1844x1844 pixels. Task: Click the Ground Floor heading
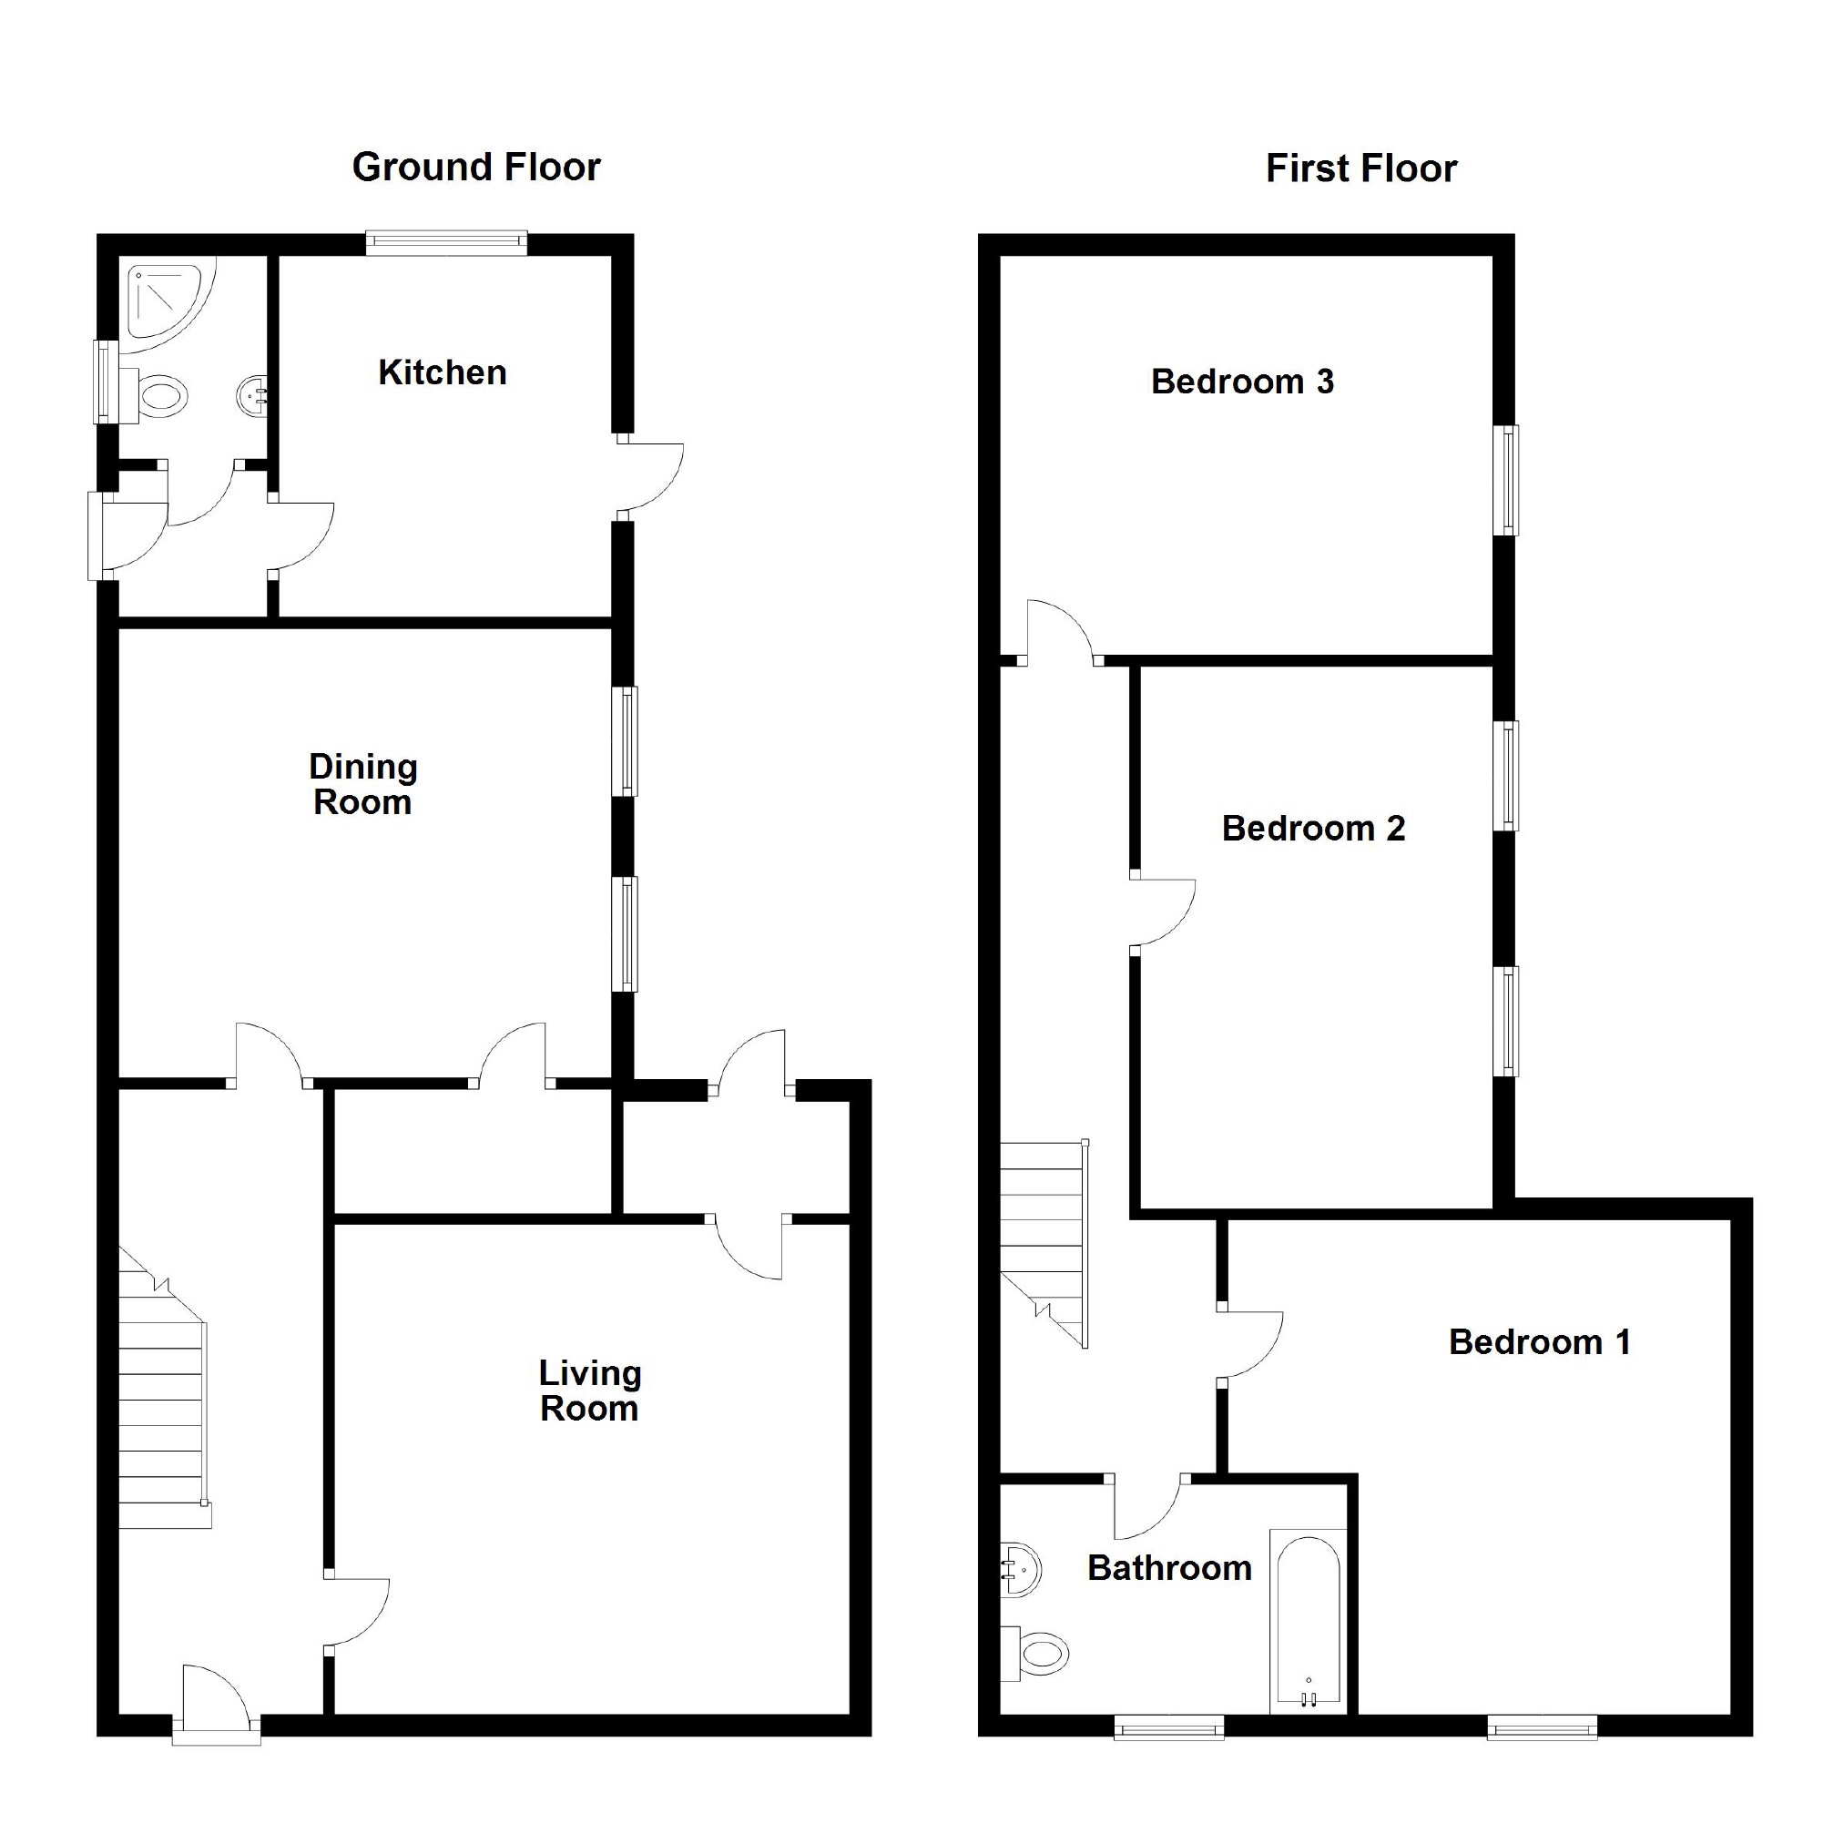[x=476, y=167]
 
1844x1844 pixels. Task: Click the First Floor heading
[x=1361, y=169]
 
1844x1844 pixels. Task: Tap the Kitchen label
[x=442, y=372]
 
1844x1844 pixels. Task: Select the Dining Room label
[x=362, y=785]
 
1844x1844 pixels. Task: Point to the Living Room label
[x=590, y=1391]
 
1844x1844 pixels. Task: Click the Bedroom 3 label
[x=1242, y=382]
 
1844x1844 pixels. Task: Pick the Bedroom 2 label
[x=1313, y=829]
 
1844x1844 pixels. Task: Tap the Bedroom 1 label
[x=1540, y=1342]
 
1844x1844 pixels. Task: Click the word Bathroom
[x=1169, y=1568]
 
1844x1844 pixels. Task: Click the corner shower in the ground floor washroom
[x=164, y=299]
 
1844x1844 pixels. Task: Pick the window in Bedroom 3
[x=1506, y=480]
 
